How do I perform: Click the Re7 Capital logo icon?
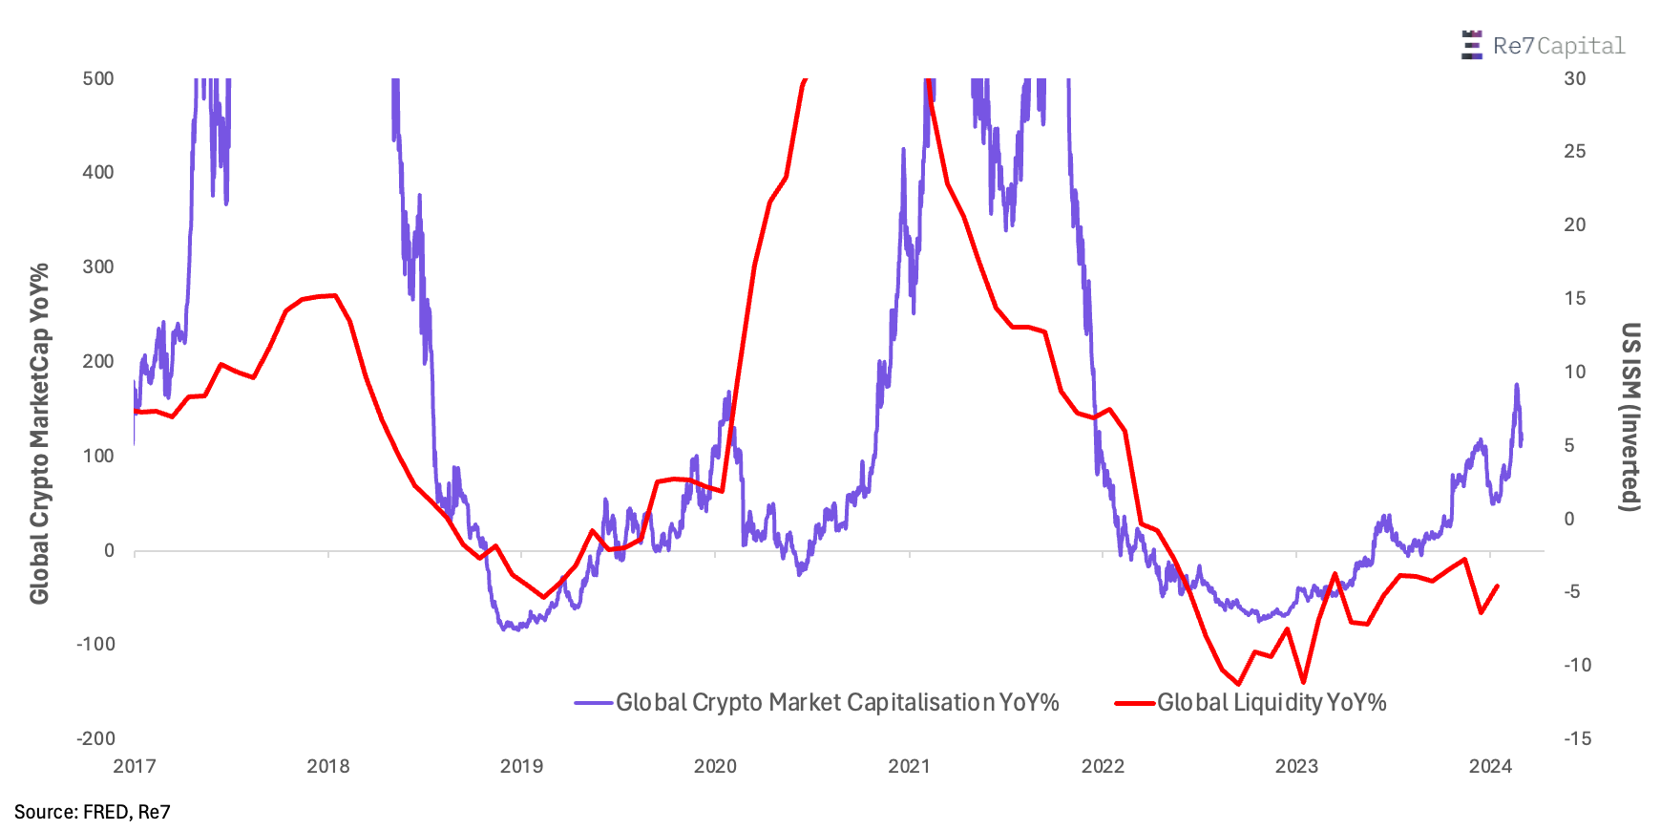point(1471,45)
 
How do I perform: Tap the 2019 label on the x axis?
point(521,766)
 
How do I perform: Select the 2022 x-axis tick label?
point(1103,766)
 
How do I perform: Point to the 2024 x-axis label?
point(1490,766)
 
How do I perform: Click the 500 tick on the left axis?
point(98,78)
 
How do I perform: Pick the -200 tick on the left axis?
point(95,738)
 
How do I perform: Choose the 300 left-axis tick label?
point(98,266)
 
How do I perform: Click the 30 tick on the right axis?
point(1575,78)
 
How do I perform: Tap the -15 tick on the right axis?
point(1577,738)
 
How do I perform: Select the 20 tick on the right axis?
point(1575,224)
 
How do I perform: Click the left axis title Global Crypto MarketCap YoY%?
point(39,435)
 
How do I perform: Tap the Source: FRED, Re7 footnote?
point(93,812)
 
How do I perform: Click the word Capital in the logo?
point(1581,46)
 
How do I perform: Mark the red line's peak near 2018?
point(333,295)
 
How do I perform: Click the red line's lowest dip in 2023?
point(1303,682)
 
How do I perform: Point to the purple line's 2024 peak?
point(1516,385)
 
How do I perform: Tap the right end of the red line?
point(1498,586)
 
